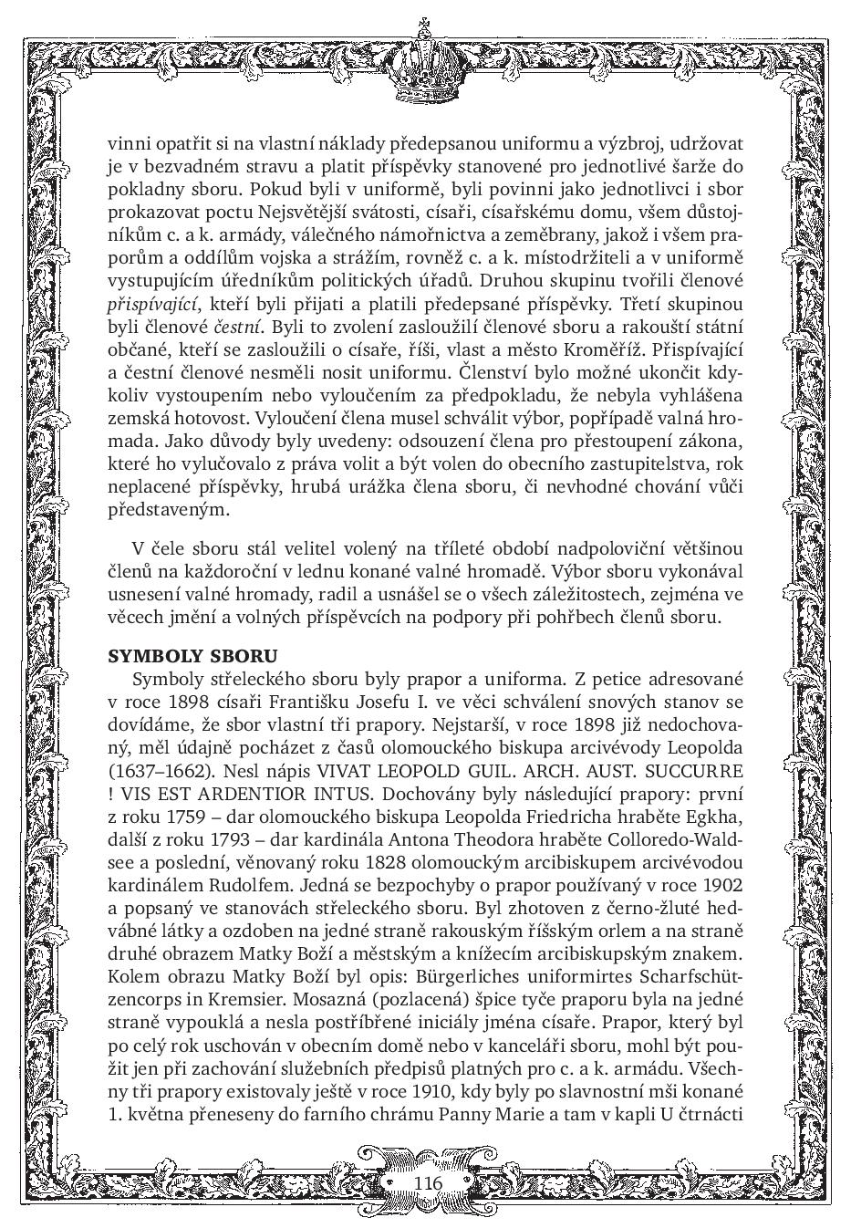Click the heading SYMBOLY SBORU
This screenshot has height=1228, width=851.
192,656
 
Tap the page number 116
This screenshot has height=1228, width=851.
427,1182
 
